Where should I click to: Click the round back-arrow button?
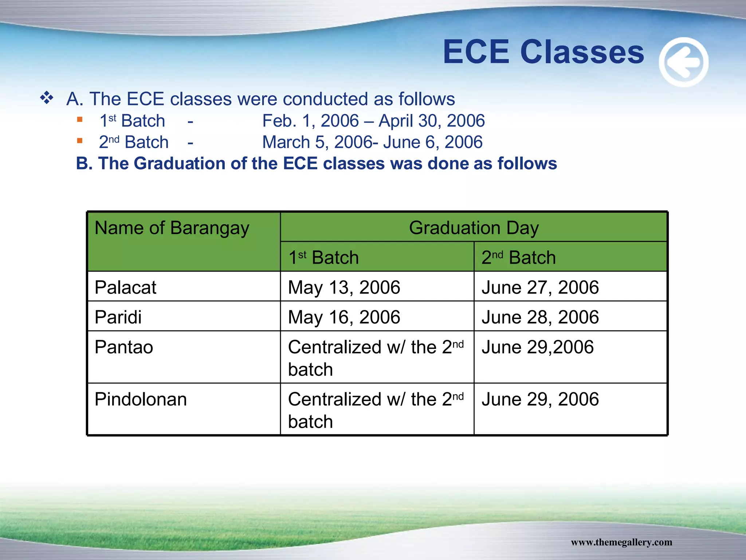click(x=683, y=62)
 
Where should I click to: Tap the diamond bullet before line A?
click(x=47, y=98)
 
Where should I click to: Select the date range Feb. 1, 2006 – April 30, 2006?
click(x=373, y=121)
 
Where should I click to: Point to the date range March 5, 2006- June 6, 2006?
click(x=372, y=142)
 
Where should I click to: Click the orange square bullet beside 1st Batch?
click(x=80, y=119)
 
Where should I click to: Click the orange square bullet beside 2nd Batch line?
click(x=80, y=141)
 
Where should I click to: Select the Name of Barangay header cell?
click(x=172, y=228)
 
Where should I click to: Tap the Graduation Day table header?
click(x=474, y=228)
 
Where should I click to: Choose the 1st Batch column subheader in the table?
click(x=323, y=257)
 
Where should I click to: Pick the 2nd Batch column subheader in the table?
click(x=518, y=257)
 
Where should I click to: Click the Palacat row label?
click(x=125, y=287)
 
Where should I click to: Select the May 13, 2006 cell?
click(x=344, y=287)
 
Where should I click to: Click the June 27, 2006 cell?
click(x=540, y=287)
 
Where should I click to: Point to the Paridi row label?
click(x=118, y=317)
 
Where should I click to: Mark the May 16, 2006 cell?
click(x=344, y=317)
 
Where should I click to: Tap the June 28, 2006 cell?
click(x=540, y=317)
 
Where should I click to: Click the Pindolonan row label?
click(x=141, y=399)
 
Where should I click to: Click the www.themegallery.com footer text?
click(x=621, y=542)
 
